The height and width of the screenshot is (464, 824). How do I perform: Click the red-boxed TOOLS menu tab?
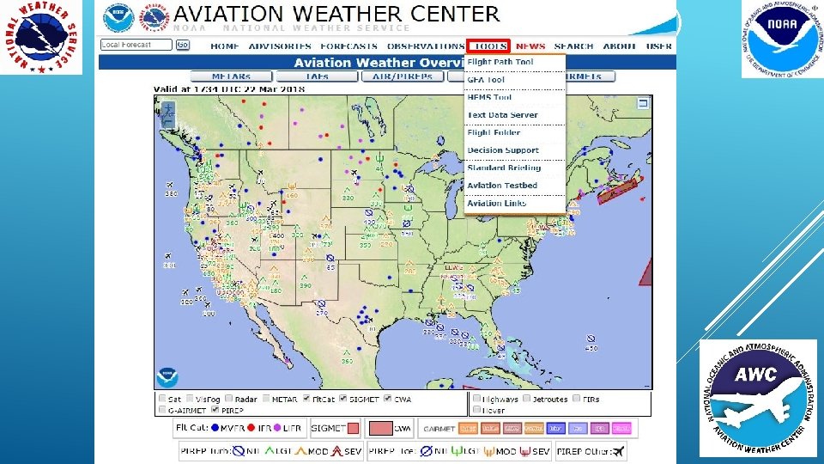pyautogui.click(x=490, y=46)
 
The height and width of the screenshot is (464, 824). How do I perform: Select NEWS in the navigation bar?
pyautogui.click(x=530, y=46)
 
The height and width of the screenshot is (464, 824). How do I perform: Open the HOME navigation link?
pyautogui.click(x=225, y=46)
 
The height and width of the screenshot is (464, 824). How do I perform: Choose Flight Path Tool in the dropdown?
pyautogui.click(x=500, y=62)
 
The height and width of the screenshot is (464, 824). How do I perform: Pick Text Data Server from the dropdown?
pyautogui.click(x=502, y=115)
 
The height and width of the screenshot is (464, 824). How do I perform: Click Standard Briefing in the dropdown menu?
pyautogui.click(x=504, y=168)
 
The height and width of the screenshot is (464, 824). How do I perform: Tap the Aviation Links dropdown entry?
pyautogui.click(x=497, y=204)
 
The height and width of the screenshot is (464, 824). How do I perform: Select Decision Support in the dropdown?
pyautogui.click(x=503, y=150)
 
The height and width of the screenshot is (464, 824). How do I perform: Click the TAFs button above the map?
pyautogui.click(x=318, y=76)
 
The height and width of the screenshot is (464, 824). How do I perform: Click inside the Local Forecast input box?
pyautogui.click(x=136, y=45)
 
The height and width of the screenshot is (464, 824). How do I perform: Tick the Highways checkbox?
pyautogui.click(x=476, y=399)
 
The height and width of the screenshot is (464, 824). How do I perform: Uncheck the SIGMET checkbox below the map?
pyautogui.click(x=342, y=399)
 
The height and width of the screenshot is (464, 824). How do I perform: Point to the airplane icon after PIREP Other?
pyautogui.click(x=615, y=451)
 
